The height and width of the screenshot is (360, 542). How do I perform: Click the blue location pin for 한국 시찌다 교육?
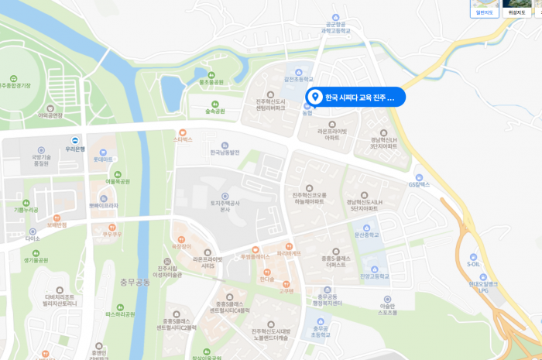click(314, 97)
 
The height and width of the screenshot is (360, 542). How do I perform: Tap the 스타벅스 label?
click(183, 140)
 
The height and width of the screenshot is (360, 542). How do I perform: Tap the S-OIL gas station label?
click(473, 264)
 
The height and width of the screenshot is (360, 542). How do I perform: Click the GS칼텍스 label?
click(418, 184)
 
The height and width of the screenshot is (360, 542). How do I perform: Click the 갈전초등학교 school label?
click(297, 79)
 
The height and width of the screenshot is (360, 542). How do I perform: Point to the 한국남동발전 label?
click(225, 153)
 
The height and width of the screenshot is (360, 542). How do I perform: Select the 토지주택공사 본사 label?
click(226, 205)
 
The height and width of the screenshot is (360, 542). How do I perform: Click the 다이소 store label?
click(33, 238)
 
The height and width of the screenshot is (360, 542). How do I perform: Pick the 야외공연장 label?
click(50, 115)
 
